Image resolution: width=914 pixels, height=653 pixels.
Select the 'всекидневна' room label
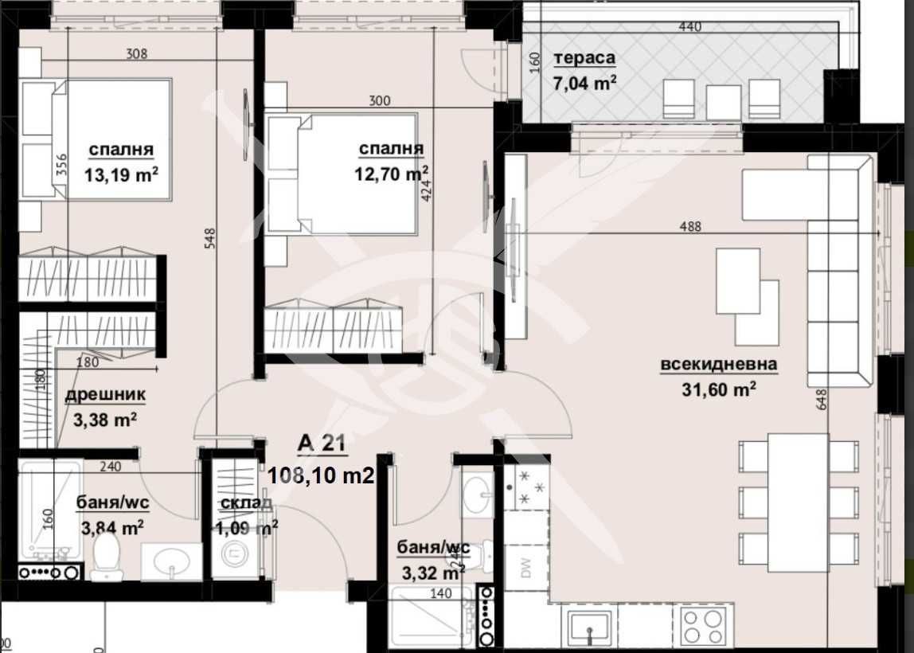[x=718, y=366]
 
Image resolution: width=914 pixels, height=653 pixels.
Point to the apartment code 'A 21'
[x=321, y=444]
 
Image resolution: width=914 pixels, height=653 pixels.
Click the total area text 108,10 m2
[x=321, y=475]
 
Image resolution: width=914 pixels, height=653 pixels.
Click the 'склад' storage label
[x=245, y=502]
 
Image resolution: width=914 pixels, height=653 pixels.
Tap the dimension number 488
[x=690, y=226]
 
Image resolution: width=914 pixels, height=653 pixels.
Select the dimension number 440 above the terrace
[x=689, y=27]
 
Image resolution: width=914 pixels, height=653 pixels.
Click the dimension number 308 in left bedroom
[x=137, y=55]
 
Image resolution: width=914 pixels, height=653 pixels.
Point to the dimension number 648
[x=822, y=398]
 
